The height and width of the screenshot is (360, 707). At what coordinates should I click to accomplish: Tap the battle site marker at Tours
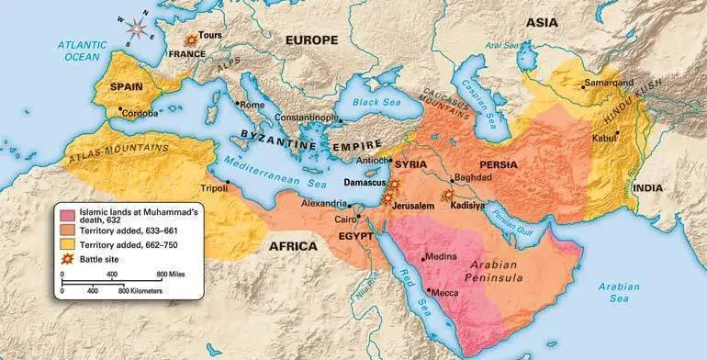(191, 40)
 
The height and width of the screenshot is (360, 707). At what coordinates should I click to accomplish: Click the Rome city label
(252, 105)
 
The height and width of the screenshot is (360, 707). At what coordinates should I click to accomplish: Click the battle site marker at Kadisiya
(448, 196)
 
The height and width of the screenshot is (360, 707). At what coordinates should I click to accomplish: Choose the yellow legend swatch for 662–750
(67, 245)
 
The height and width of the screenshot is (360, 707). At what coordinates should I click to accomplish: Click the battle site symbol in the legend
(67, 260)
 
